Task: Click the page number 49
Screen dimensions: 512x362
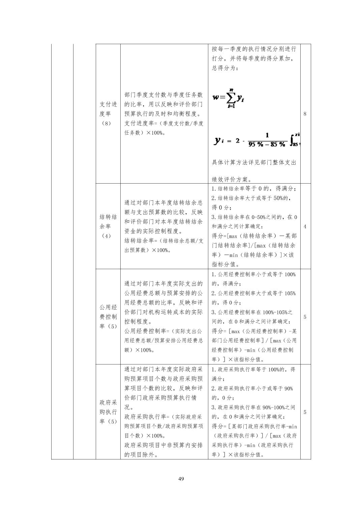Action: tap(181, 479)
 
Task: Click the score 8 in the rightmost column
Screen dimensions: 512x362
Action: tap(305, 114)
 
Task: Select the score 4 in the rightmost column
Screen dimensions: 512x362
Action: tap(305, 226)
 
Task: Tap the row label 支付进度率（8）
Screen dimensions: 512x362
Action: tap(108, 114)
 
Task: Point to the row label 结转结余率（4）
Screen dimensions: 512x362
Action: tap(108, 226)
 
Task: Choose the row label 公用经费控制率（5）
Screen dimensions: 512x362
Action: tap(108, 317)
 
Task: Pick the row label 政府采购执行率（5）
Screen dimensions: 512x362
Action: tap(108, 412)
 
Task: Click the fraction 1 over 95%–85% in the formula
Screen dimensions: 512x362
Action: tap(267, 139)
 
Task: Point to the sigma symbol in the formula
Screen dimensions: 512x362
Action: tap(231, 98)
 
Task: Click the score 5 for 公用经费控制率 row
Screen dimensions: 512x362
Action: tap(305, 317)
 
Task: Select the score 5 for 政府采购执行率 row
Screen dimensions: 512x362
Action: tap(305, 412)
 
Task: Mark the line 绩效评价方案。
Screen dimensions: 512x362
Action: tap(232, 180)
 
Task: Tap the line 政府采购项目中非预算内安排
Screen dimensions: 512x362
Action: tap(163, 445)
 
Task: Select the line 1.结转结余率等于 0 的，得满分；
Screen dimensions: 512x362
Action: tap(254, 189)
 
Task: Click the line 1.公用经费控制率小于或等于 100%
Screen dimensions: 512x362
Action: tap(253, 275)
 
